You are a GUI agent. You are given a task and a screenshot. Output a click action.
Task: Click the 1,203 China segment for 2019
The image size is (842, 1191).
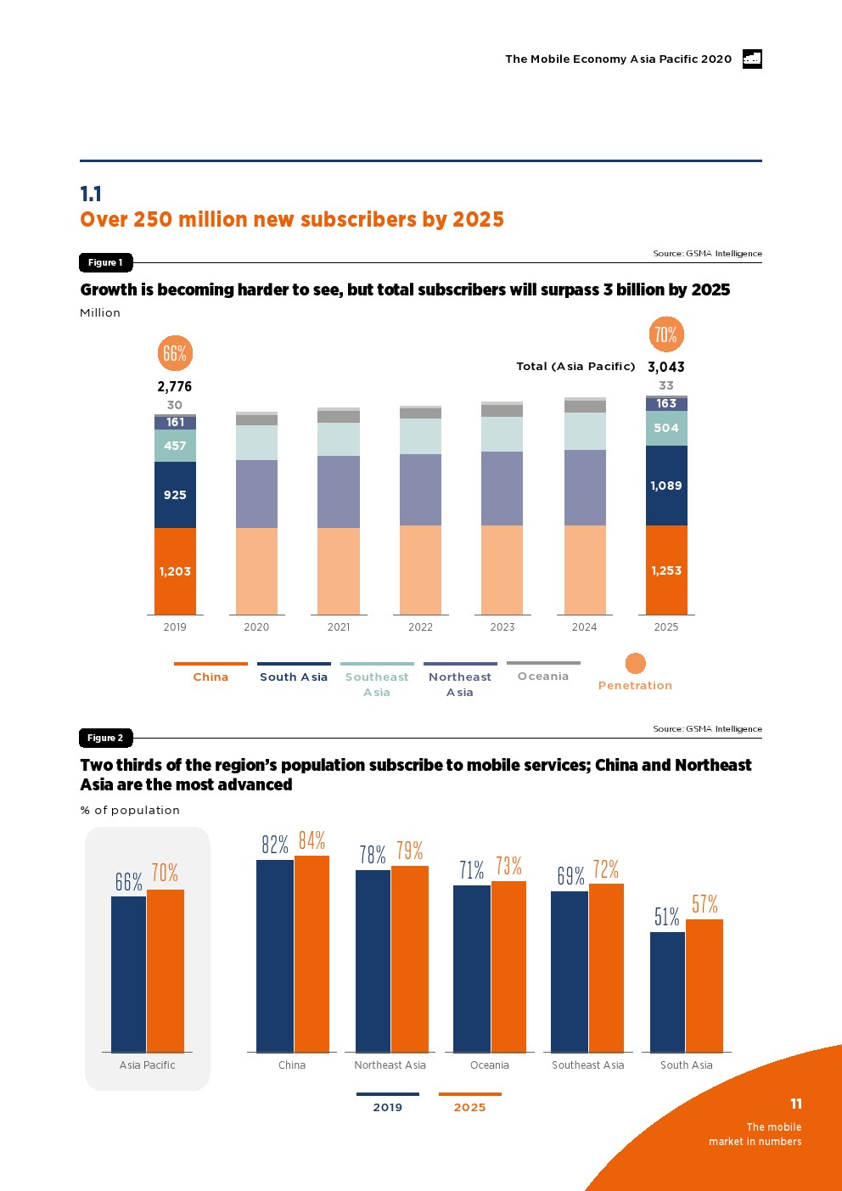[x=175, y=571]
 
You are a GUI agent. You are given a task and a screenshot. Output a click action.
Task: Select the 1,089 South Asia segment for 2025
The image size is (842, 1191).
[x=666, y=486]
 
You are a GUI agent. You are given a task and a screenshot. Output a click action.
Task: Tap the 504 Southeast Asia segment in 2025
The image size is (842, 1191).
[x=666, y=428]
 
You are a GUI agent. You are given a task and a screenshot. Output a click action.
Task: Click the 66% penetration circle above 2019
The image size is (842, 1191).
[x=175, y=353]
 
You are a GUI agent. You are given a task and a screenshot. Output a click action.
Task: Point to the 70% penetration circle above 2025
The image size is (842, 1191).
[x=666, y=334]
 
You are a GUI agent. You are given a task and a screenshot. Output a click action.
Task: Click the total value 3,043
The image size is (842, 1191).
[x=666, y=367]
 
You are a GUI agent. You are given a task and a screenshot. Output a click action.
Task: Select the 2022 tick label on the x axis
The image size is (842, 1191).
[x=420, y=627]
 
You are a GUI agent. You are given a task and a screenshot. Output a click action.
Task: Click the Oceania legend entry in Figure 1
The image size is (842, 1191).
[x=543, y=676]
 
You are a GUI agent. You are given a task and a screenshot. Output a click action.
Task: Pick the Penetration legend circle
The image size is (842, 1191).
[x=636, y=663]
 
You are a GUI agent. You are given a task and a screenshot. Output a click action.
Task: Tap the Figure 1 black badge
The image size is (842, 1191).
[x=105, y=262]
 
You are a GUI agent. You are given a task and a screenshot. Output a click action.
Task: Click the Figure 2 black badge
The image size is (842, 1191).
[x=105, y=738]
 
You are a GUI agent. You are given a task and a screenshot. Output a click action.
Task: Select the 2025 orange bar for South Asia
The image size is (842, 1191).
[x=704, y=986]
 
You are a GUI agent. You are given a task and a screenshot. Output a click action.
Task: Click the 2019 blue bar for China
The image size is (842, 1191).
[x=275, y=956]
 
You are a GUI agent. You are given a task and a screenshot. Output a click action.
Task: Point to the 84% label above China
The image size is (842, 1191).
[x=312, y=840]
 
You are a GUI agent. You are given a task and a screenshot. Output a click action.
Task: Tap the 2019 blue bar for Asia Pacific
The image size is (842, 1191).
[x=129, y=974]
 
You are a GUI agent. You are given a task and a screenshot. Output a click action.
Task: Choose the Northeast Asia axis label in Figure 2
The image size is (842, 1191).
[x=390, y=1065]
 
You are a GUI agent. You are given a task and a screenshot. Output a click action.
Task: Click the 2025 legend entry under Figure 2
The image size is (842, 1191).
[x=469, y=1107]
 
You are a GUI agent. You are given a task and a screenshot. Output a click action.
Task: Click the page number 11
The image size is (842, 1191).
[x=796, y=1104]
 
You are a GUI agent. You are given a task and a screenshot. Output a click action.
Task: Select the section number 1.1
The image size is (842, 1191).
[x=91, y=194]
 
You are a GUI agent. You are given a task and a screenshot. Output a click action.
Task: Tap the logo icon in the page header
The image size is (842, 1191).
[x=752, y=59]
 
